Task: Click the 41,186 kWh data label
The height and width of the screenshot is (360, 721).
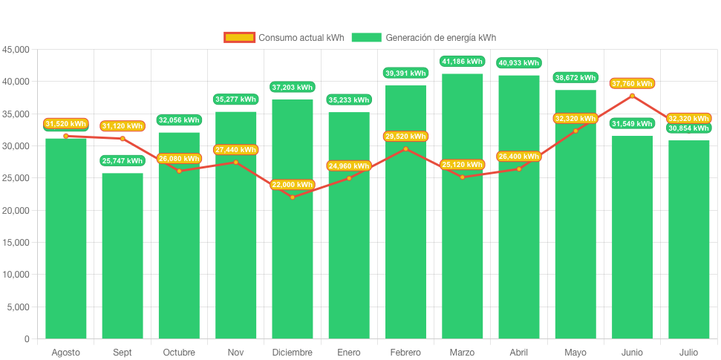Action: tap(462, 61)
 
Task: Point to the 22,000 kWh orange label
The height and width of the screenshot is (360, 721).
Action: tap(292, 185)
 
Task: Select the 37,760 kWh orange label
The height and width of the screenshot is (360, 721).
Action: tap(632, 83)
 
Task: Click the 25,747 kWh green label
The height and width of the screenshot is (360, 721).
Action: tap(123, 160)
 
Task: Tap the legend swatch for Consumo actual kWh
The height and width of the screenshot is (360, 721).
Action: tap(239, 38)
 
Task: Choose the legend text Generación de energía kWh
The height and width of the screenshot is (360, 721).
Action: tap(440, 38)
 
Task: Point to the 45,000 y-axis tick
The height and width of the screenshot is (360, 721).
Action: tap(16, 50)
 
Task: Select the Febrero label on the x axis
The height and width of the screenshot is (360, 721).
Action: tap(405, 352)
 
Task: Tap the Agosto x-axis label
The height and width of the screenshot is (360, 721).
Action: tap(65, 352)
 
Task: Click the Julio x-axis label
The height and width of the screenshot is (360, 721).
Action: tap(688, 352)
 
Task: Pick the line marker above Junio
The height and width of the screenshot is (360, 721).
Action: tap(632, 96)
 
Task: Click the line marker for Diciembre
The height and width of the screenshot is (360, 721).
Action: tap(292, 197)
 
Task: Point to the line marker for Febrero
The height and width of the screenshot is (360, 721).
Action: tap(405, 148)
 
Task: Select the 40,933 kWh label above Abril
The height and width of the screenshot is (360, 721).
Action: tap(518, 63)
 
